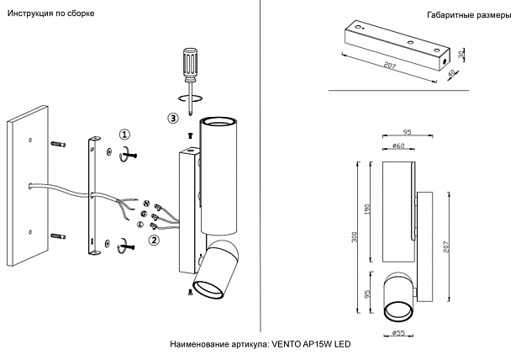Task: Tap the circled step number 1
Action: coord(124,135)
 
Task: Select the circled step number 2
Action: coord(154,240)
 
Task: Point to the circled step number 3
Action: coord(173,118)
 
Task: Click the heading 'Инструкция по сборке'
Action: coord(50,15)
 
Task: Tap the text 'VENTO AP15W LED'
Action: coord(310,345)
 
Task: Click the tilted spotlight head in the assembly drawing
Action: coord(215,270)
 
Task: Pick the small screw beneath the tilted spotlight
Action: coord(191,292)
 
